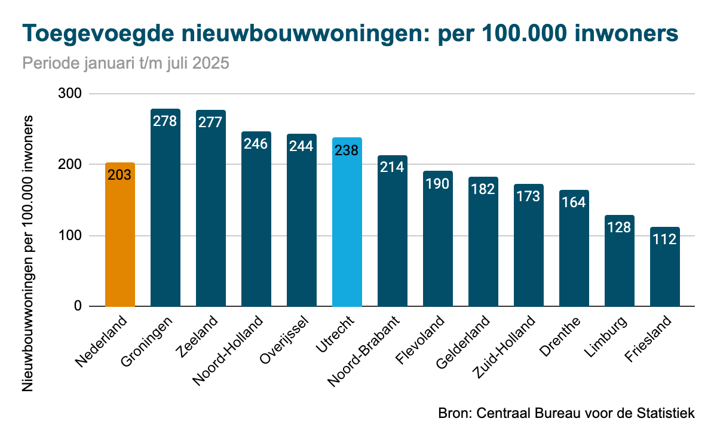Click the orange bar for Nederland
(120, 239)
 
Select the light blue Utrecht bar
(347, 227)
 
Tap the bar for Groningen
(166, 215)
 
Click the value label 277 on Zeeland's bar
(211, 122)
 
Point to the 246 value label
(256, 143)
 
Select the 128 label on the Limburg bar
(620, 227)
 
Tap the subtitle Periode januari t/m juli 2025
(125, 63)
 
